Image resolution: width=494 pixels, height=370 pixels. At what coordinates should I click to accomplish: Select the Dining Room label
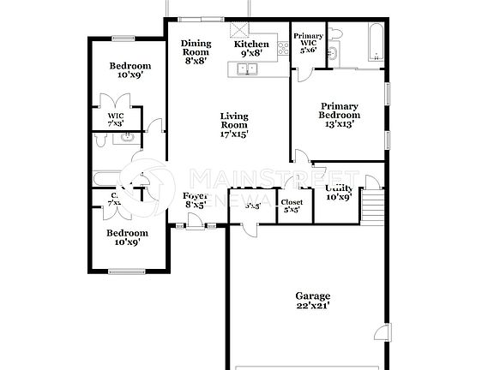[196, 52]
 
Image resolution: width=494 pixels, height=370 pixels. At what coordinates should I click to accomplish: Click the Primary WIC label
[308, 43]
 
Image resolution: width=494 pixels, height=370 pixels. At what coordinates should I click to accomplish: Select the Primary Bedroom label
[339, 115]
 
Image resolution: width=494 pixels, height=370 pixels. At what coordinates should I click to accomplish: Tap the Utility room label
[340, 192]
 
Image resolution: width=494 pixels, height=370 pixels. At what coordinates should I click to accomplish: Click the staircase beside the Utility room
[372, 206]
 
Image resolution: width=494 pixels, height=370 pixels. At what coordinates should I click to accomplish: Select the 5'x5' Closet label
[292, 206]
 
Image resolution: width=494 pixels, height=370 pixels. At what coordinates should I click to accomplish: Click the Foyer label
[196, 200]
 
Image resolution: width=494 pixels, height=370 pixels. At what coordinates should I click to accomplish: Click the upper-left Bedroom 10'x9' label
[130, 70]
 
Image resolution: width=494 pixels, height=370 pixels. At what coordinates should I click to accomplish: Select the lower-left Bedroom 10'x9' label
[127, 237]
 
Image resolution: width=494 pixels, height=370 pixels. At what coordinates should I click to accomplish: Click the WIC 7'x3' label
[116, 120]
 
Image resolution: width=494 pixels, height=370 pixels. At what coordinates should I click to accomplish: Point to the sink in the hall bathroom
[128, 136]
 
